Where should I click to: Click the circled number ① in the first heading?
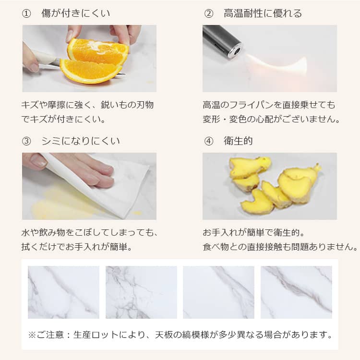click(x=27, y=13)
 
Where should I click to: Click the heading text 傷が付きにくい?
click(x=75, y=13)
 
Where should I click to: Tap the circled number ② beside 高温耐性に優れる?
click(x=208, y=13)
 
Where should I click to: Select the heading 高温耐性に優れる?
click(x=263, y=13)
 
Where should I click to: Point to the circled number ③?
click(x=27, y=141)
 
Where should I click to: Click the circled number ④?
click(x=208, y=141)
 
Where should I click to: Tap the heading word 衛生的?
click(x=239, y=141)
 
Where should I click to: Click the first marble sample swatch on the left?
click(x=63, y=292)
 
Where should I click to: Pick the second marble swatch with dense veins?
click(x=141, y=292)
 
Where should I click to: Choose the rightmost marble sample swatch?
click(x=296, y=292)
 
